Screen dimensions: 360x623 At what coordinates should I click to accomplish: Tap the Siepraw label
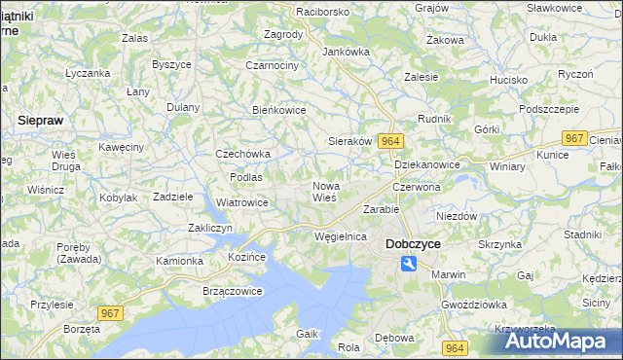[42, 119]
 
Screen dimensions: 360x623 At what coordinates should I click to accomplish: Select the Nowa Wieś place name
[324, 191]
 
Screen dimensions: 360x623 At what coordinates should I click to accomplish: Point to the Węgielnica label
[341, 236]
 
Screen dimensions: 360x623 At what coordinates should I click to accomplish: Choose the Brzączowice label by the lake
[233, 291]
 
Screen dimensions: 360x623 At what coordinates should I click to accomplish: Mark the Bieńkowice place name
[279, 110]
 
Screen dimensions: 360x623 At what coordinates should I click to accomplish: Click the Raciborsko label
[296, 12]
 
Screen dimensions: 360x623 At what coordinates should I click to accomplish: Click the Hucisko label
[508, 80]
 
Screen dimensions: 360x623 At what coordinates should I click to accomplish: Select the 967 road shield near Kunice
[575, 138]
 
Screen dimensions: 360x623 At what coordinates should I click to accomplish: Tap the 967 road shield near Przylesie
[110, 311]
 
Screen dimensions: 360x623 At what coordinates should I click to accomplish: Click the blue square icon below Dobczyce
[410, 264]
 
